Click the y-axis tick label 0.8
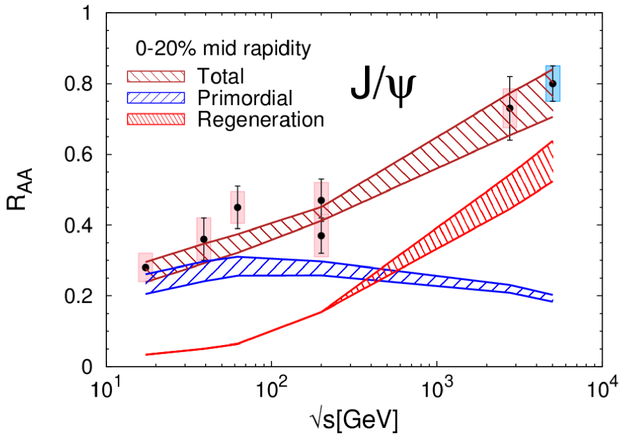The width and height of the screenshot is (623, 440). coord(80,85)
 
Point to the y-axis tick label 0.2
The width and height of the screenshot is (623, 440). coord(80,296)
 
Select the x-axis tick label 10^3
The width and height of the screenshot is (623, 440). coord(436,386)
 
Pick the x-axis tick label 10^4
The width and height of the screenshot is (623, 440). coord(601,386)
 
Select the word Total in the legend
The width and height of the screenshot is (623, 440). coord(221,77)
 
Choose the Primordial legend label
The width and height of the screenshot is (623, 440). coord(245,97)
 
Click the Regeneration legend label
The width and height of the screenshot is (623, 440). coord(261,118)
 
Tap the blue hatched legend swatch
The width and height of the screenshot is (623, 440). coord(156,97)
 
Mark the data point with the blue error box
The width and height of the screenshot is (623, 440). coord(553,83)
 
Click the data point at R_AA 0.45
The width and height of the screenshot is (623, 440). coord(238,207)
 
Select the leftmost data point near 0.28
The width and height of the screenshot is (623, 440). coord(145,267)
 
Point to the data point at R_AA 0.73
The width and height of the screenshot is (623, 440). coord(510,108)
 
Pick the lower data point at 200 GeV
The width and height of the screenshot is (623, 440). coord(321,236)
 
